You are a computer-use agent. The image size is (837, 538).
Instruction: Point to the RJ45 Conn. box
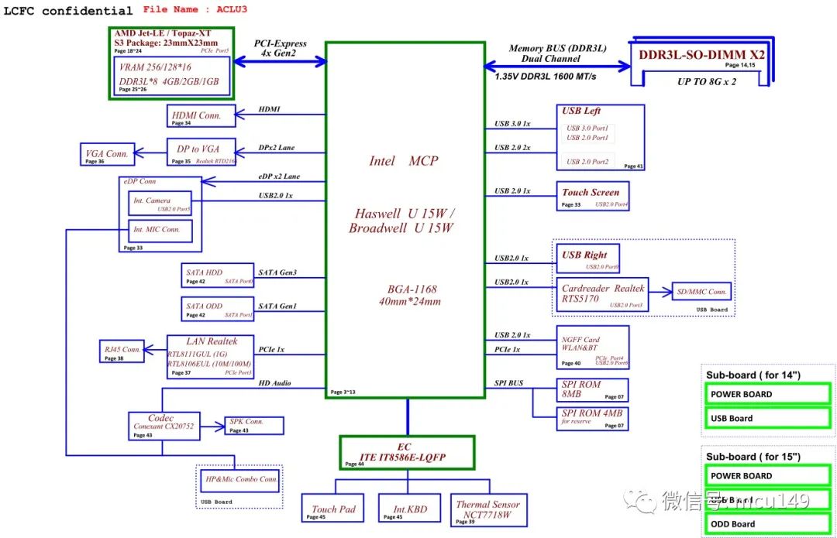point(122,351)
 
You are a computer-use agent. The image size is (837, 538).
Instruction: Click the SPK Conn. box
point(254,425)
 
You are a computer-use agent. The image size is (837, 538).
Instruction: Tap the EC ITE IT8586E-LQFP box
point(406,452)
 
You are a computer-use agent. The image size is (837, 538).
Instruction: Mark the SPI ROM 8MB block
point(593,389)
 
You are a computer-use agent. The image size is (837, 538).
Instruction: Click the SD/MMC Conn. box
point(701,292)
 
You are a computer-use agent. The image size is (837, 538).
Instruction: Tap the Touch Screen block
point(593,196)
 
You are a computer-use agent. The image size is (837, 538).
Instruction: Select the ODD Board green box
point(767,524)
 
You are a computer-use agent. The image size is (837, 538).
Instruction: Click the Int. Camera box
point(160,204)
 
